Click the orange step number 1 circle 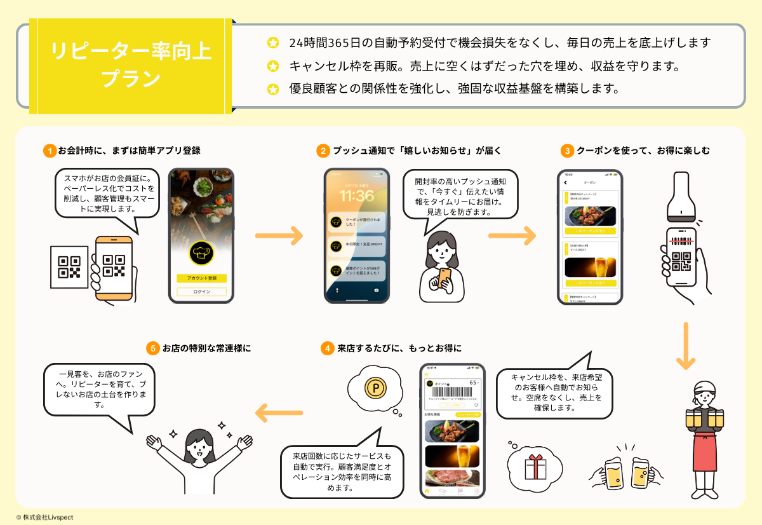pos(50,151)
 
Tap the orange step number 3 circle pos(566,151)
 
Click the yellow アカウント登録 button pos(201,278)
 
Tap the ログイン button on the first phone pos(201,292)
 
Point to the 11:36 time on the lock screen pos(356,195)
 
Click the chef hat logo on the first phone pos(201,253)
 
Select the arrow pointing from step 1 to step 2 pos(279,236)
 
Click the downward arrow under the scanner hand pos(686,346)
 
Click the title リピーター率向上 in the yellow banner pos(131,51)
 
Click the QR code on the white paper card pos(69,267)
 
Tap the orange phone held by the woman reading pos(444,277)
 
